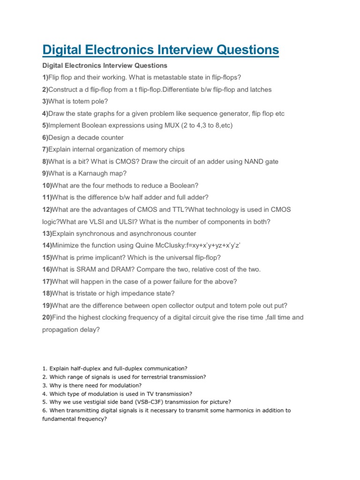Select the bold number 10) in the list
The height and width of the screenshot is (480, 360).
click(x=47, y=185)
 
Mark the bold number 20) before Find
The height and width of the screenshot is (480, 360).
click(x=47, y=317)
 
